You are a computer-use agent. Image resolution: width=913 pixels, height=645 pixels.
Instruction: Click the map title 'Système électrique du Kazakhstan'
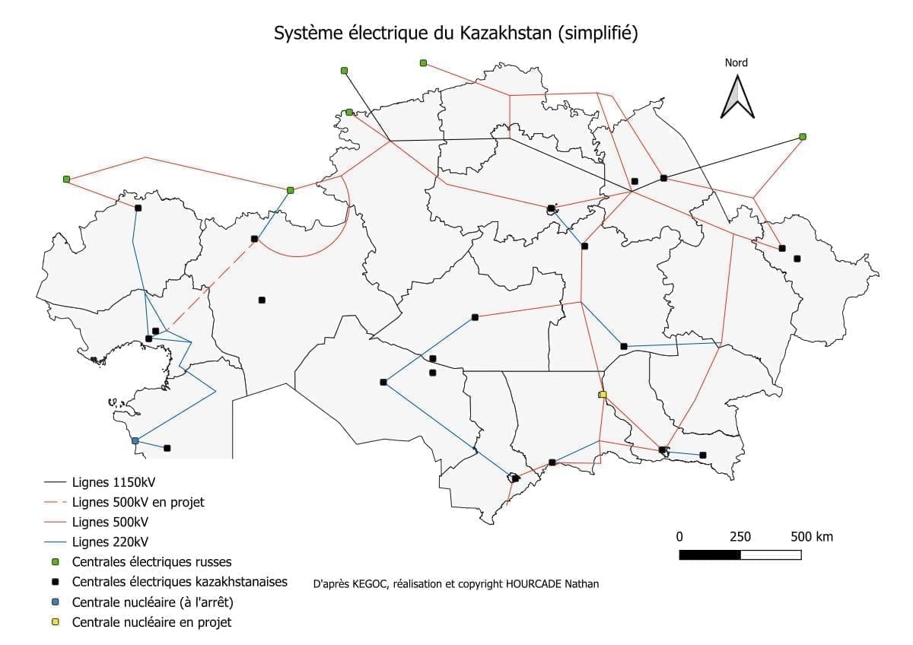tap(455, 33)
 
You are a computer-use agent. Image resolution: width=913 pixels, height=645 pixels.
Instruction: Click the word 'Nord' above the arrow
tap(736, 63)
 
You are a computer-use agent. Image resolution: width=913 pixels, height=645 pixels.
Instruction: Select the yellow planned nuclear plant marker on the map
tap(603, 394)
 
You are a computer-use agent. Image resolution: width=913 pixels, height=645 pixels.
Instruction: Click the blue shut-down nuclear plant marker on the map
tap(135, 441)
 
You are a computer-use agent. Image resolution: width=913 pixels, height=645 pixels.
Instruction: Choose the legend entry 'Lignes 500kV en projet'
tap(138, 502)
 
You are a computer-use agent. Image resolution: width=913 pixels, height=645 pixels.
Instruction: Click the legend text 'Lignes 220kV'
tap(110, 542)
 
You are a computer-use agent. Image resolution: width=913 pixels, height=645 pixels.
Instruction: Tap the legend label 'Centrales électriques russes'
tap(151, 562)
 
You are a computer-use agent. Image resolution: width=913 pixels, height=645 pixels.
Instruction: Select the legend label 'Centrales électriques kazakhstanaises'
tap(180, 582)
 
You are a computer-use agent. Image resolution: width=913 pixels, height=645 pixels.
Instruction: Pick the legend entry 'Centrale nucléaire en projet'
tap(151, 622)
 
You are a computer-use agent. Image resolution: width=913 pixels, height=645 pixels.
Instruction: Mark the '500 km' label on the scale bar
tap(812, 537)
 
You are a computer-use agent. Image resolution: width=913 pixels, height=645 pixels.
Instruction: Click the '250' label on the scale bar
tap(740, 537)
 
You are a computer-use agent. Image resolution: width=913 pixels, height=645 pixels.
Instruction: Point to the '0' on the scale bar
tap(679, 537)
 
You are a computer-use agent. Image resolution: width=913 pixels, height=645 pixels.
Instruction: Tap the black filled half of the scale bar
tap(709, 554)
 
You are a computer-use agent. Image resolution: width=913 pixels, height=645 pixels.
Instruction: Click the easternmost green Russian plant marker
tap(803, 137)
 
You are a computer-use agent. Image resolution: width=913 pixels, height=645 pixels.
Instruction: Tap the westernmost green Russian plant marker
tap(66, 180)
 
